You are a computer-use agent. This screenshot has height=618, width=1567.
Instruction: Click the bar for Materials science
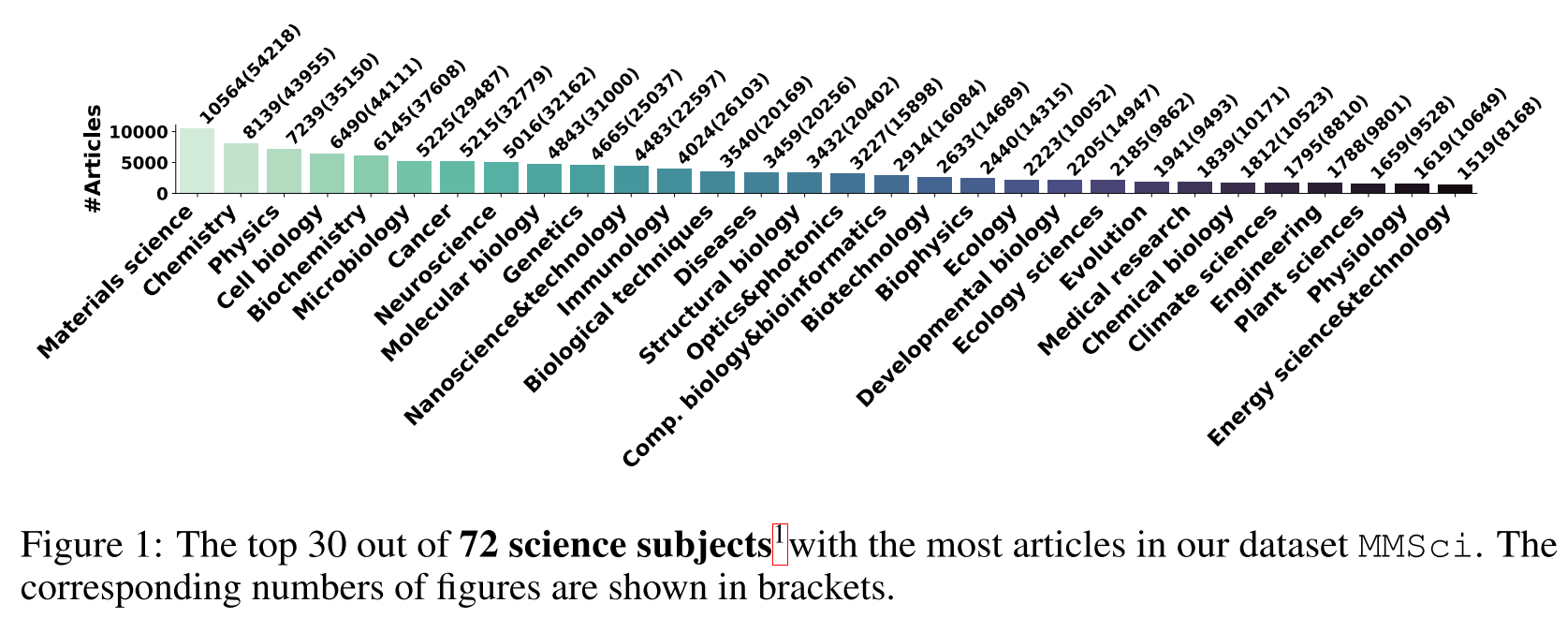pos(198,161)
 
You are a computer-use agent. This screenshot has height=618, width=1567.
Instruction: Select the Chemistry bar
pos(241,169)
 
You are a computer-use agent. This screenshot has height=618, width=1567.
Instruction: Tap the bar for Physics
pos(284,171)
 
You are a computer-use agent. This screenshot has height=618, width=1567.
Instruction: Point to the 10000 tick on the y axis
pos(139,132)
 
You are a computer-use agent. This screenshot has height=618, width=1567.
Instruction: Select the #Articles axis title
pos(93,158)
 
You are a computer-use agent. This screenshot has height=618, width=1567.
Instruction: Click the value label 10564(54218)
pos(251,73)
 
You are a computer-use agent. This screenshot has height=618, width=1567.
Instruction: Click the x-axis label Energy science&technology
pos(1329,324)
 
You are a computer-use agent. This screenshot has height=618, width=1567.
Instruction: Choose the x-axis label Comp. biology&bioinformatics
pos(754,337)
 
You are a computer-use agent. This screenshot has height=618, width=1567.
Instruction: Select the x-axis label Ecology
pos(981,242)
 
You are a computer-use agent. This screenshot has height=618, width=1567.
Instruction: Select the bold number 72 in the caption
pos(479,546)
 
